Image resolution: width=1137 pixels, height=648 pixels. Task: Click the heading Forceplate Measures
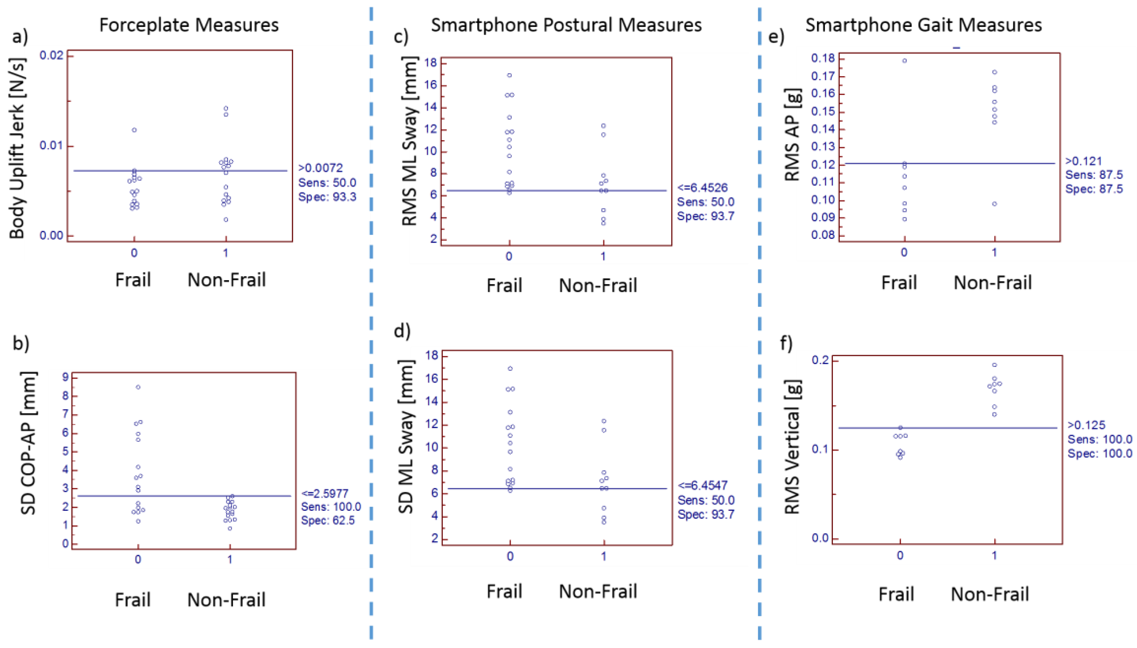pos(189,25)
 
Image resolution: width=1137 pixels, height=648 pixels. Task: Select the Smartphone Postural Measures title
pos(566,25)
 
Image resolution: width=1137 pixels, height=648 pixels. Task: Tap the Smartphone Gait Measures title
pos(923,25)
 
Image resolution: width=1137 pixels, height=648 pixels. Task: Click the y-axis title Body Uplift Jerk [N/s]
pos(17,147)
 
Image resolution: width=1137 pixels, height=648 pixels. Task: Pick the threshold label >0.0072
pos(320,168)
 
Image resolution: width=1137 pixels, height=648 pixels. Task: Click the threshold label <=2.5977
pos(325,493)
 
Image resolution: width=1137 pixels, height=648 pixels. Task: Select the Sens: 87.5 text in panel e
pos(1094,175)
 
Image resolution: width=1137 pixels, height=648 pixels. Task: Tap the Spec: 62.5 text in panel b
pos(328,520)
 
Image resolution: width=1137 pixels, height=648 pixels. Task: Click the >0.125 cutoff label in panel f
pos(1086,425)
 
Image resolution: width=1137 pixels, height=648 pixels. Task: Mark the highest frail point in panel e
pos(905,60)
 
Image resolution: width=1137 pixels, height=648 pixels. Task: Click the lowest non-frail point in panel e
pos(995,204)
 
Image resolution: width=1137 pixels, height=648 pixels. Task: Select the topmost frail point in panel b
pos(138,387)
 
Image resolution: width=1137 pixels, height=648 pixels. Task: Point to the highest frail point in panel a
pos(134,130)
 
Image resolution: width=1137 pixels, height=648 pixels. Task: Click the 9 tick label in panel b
pos(65,377)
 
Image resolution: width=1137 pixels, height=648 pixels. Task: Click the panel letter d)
pos(402,331)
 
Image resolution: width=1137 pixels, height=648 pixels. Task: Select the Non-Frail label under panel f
pos(990,594)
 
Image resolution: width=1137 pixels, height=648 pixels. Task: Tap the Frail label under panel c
pos(504,285)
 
